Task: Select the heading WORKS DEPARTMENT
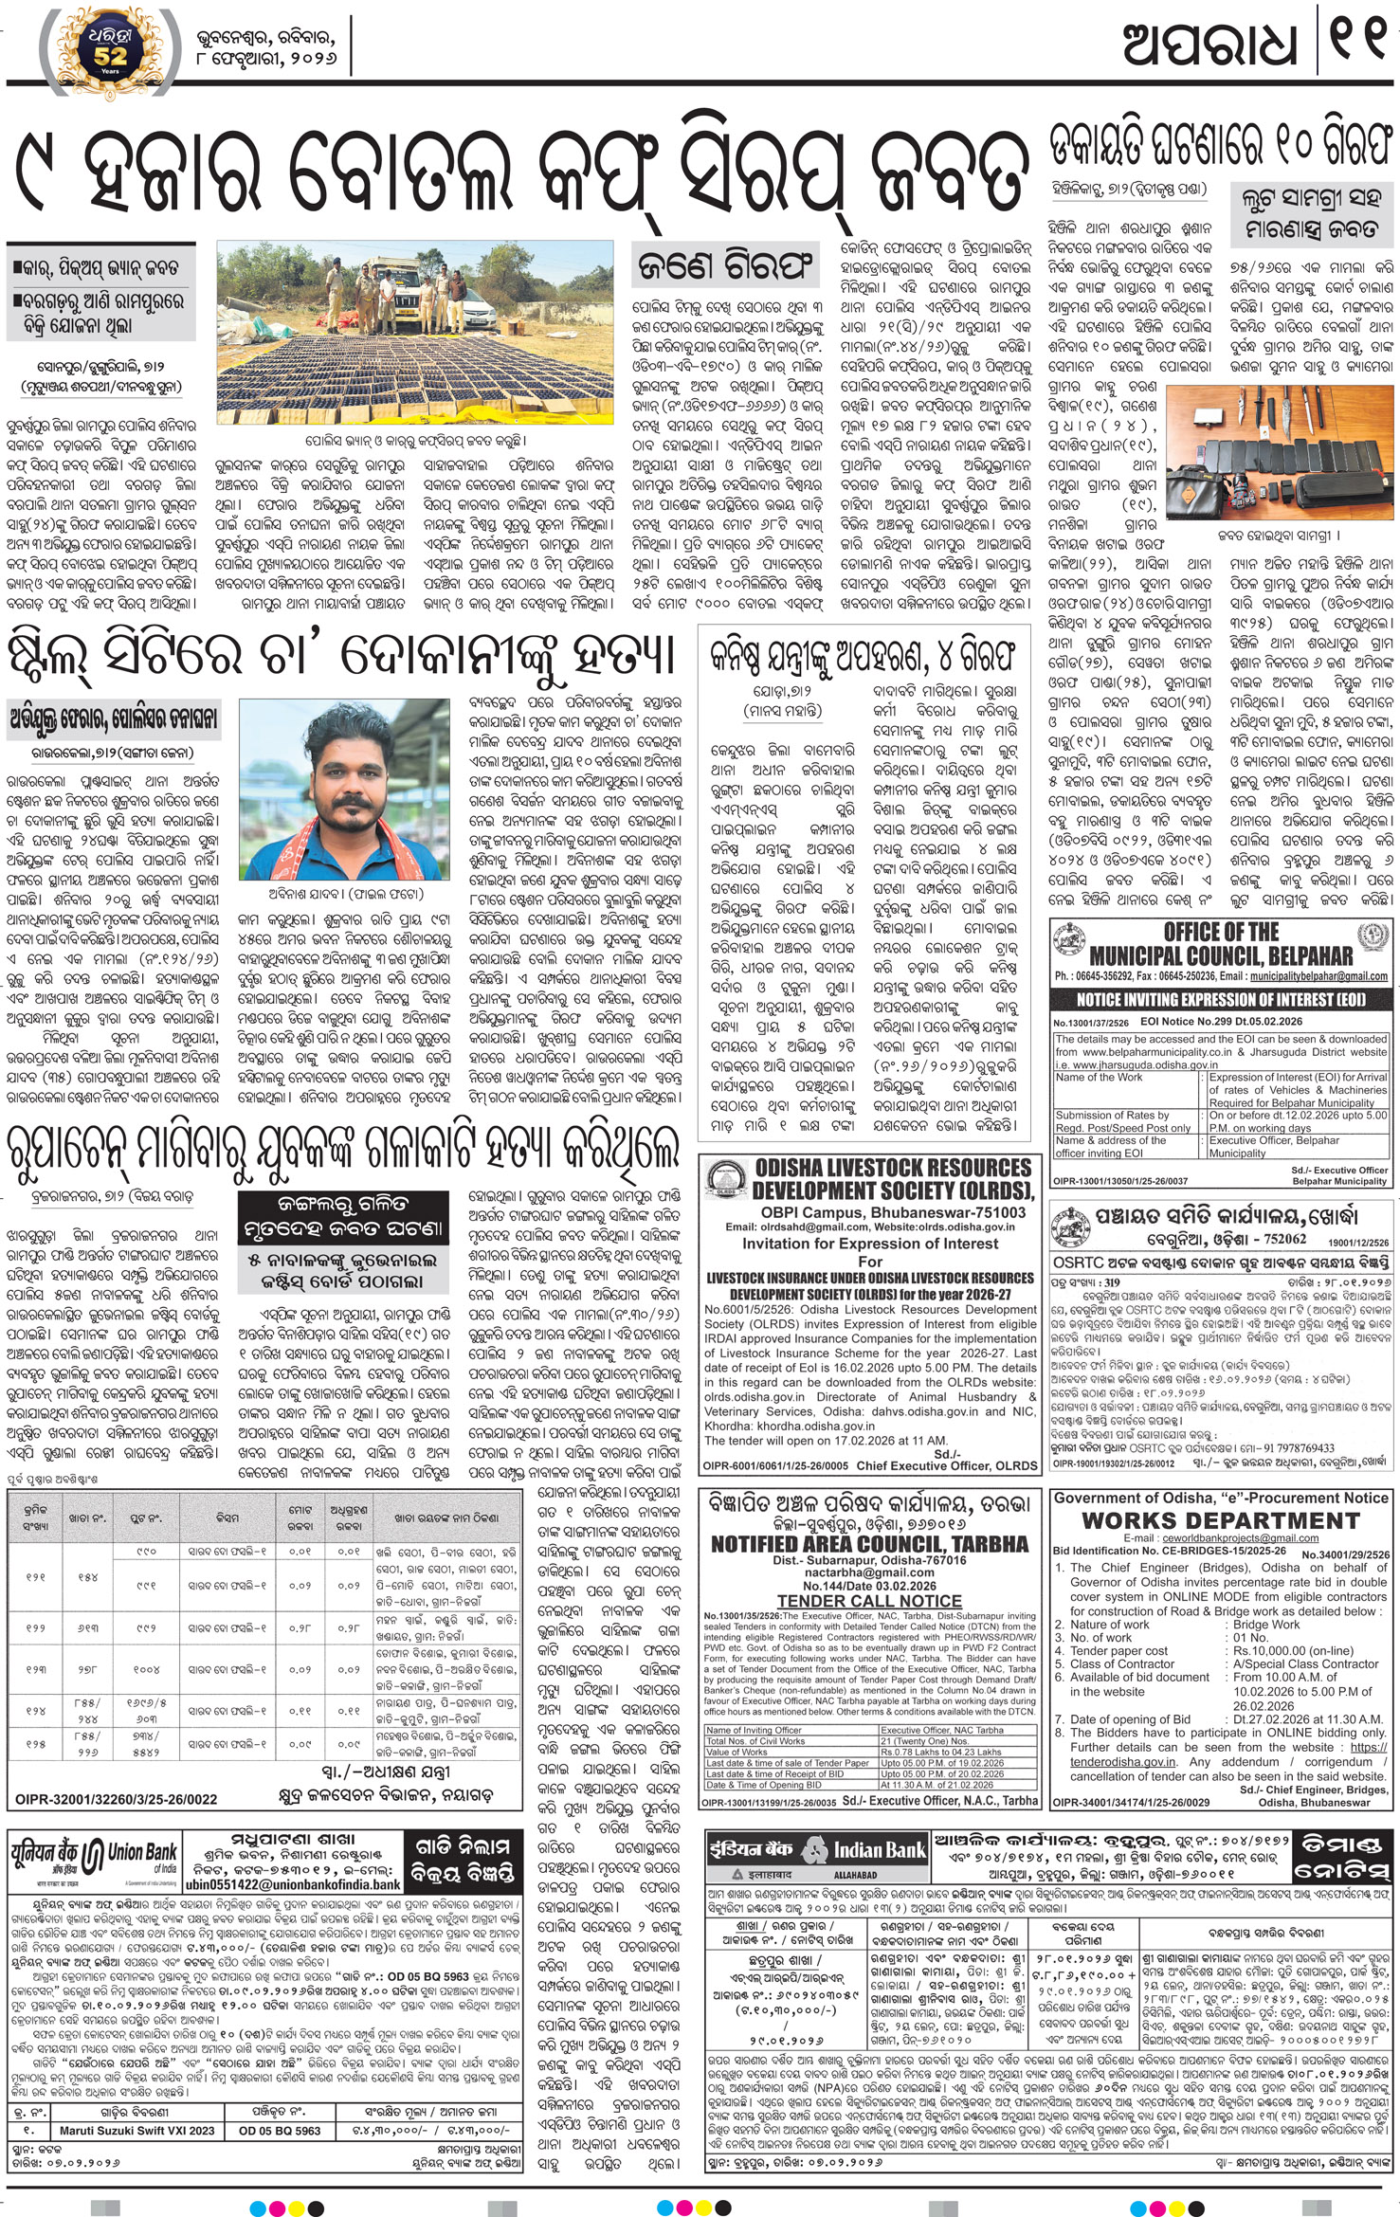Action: (1220, 1520)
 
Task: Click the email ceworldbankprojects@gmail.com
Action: (1221, 1538)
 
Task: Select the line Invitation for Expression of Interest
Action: (869, 1243)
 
